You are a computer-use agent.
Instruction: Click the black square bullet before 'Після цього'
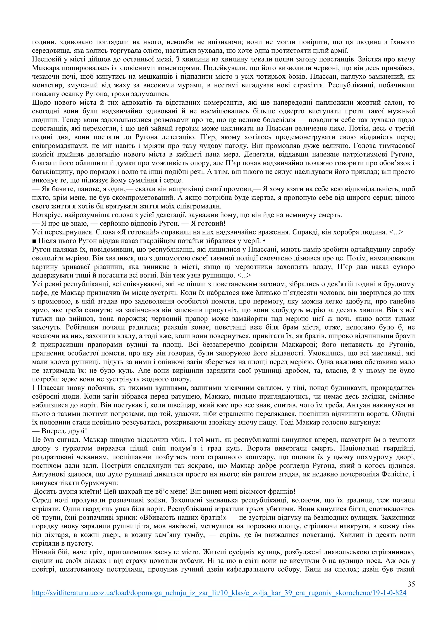coord(34,241)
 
